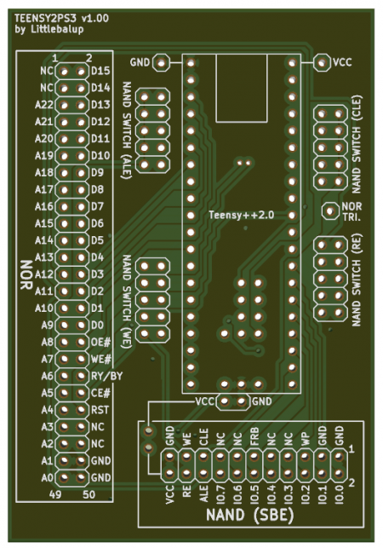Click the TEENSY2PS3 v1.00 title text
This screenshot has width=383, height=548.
(x=61, y=18)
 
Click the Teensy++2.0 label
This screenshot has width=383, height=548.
(x=241, y=215)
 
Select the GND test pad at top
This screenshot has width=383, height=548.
(x=161, y=63)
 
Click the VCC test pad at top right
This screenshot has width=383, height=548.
(x=322, y=63)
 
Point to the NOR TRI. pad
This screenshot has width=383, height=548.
(x=330, y=211)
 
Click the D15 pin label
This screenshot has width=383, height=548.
(x=100, y=71)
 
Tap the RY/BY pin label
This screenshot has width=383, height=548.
(x=107, y=376)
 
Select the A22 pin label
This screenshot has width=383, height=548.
(x=43, y=105)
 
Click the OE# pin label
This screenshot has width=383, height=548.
(x=100, y=342)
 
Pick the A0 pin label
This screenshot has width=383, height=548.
(x=47, y=477)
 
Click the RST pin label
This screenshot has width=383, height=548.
(x=100, y=410)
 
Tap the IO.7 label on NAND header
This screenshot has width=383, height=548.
(x=220, y=493)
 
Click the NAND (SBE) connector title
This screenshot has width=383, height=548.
(x=250, y=515)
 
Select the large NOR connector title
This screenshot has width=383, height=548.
(x=26, y=274)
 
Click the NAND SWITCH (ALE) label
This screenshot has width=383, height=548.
(x=126, y=130)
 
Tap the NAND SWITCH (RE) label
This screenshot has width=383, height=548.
(x=356, y=280)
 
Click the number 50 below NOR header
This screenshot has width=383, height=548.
(x=89, y=494)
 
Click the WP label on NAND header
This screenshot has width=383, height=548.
(x=305, y=439)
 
